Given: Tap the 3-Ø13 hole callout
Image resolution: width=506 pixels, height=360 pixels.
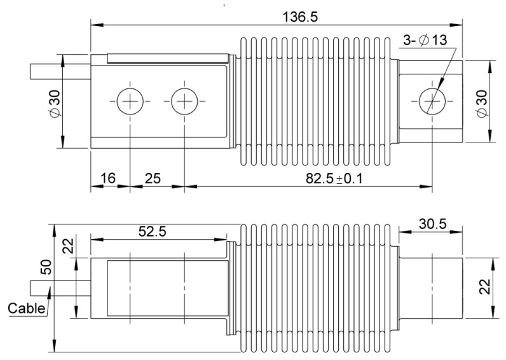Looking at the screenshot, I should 425,41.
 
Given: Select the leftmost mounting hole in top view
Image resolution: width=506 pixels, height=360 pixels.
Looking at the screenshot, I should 130,100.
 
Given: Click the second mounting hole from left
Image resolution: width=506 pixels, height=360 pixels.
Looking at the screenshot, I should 184,100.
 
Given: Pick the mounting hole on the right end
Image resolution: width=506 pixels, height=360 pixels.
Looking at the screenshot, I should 433,100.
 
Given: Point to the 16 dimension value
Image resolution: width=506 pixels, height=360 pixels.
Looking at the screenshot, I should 109,179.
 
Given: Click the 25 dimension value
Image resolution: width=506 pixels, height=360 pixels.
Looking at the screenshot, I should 152,179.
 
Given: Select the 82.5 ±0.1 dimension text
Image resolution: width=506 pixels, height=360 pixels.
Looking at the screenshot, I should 334,179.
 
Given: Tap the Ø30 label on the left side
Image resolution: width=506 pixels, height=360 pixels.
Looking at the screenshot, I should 55,100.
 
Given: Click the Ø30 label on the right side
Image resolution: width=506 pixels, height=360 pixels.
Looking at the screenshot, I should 481,101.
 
